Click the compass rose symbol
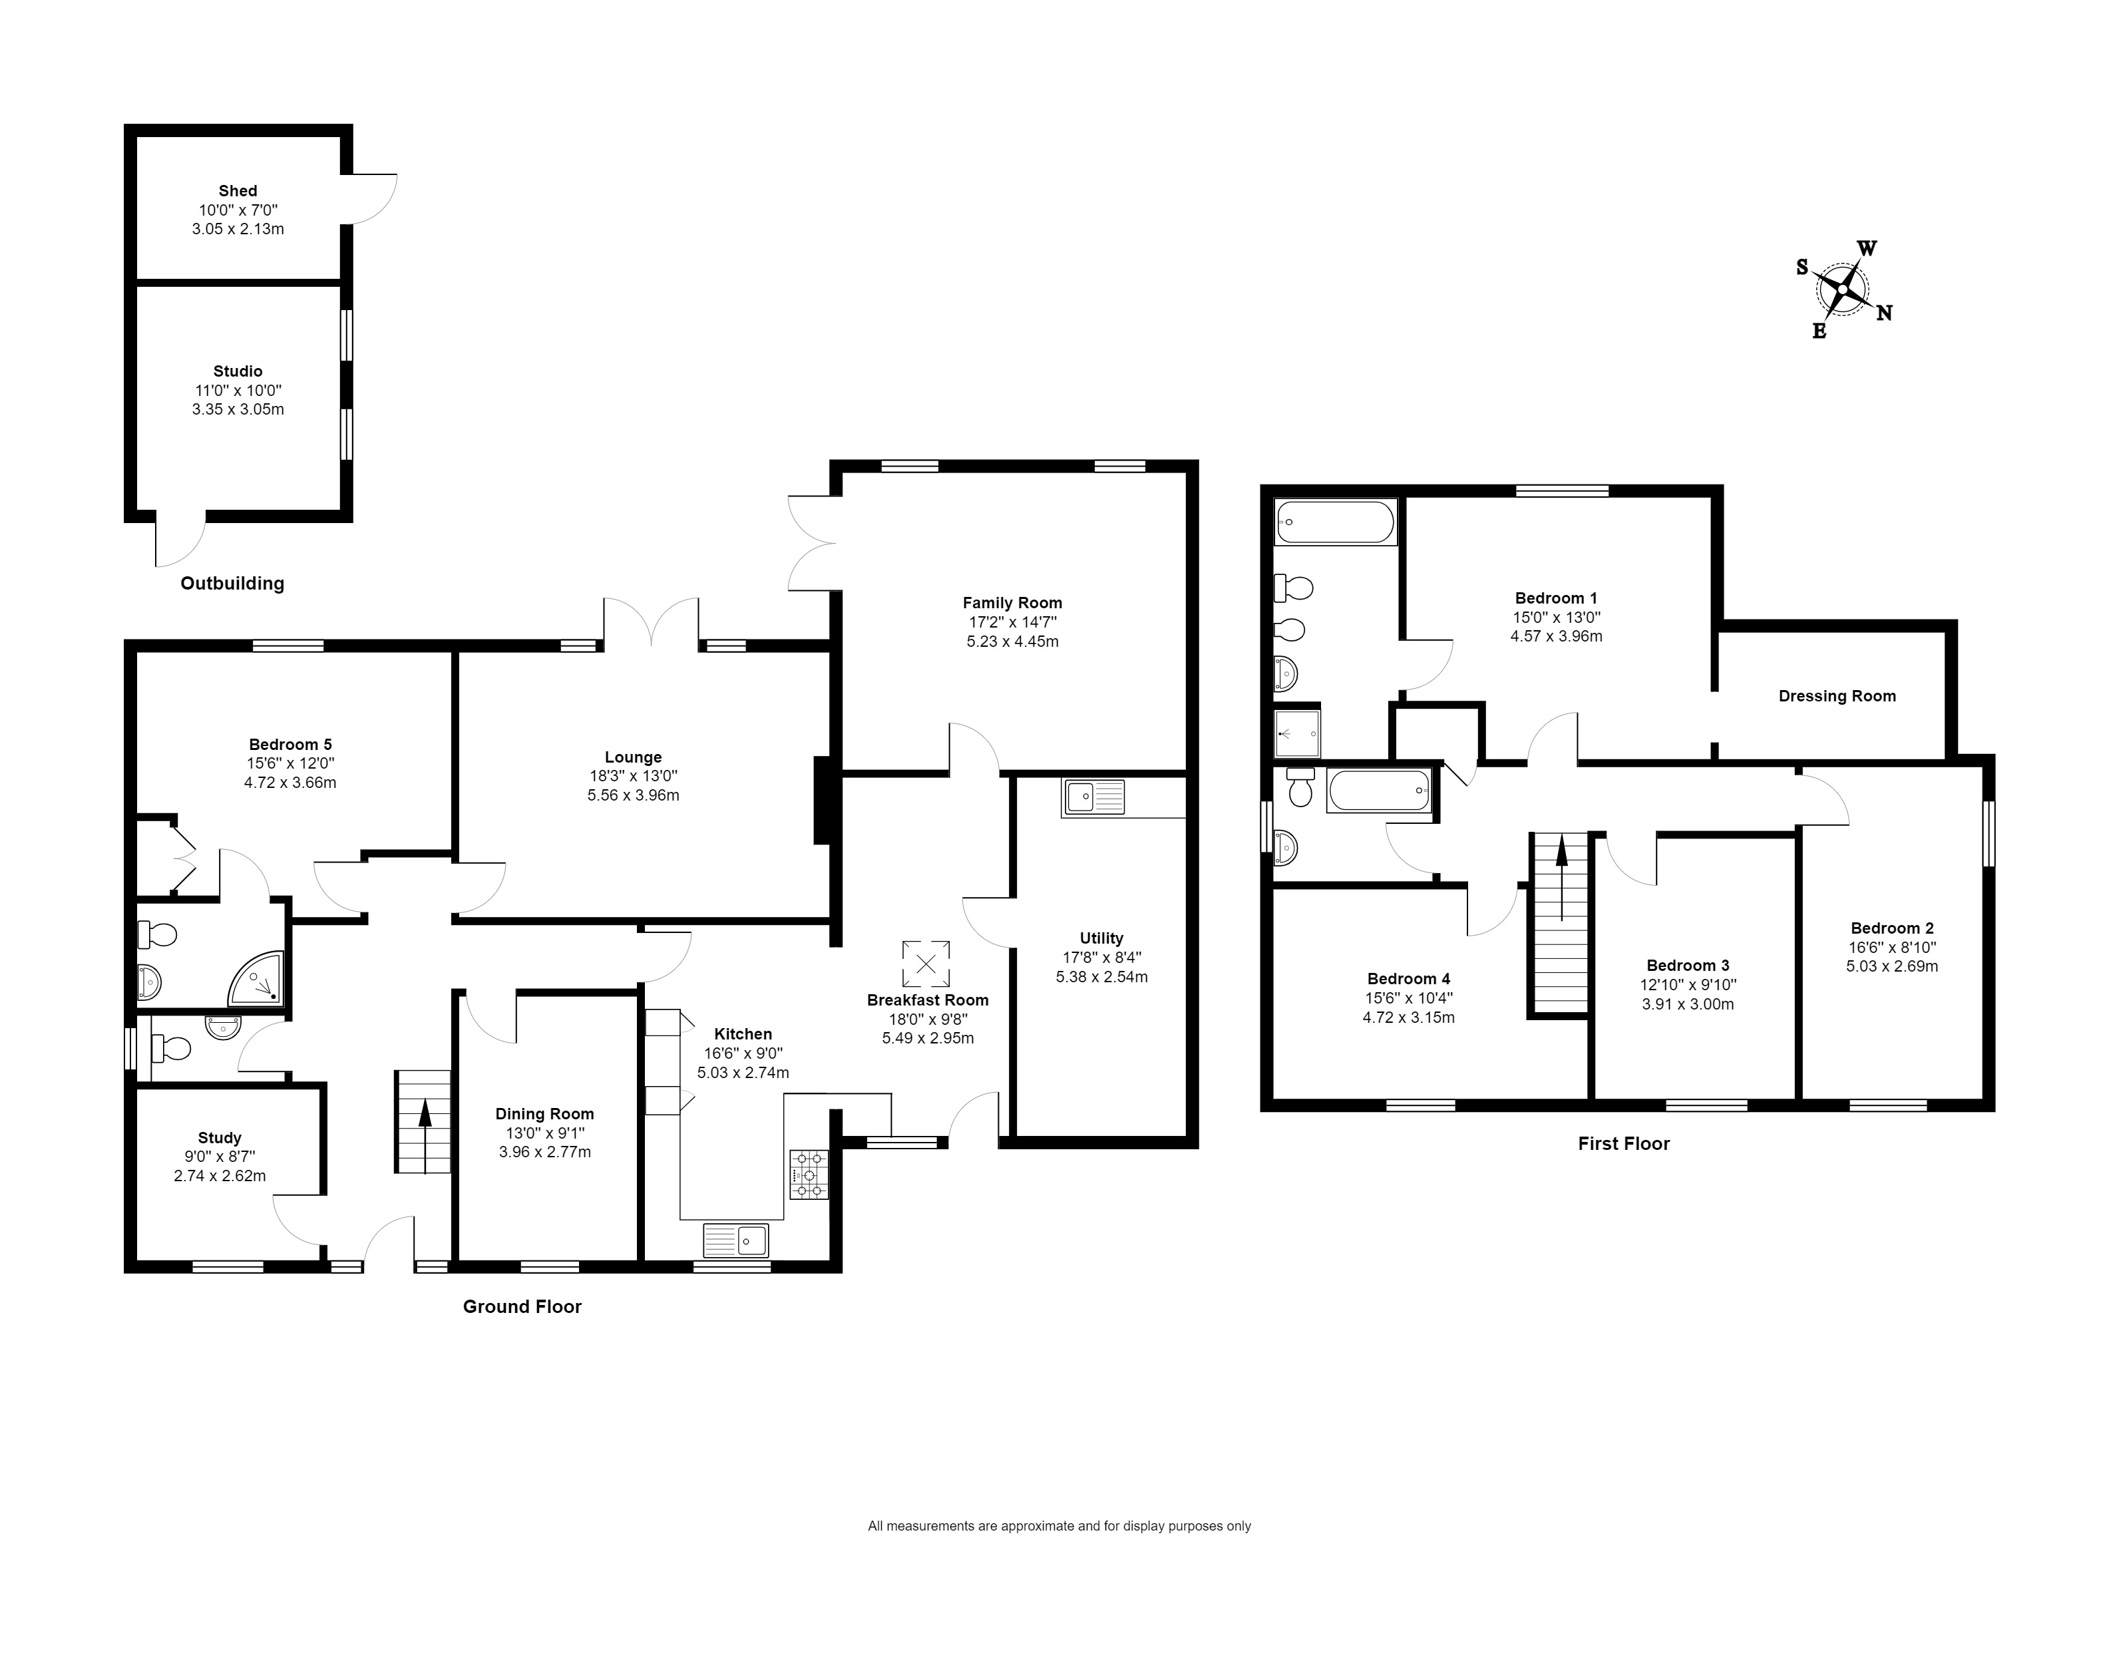[1843, 289]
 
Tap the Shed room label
[238, 191]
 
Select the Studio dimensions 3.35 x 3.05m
[238, 409]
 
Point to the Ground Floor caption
[522, 1307]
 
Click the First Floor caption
[1623, 1144]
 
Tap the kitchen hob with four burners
[808, 1175]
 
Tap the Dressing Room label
[1837, 696]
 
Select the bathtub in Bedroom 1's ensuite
[1335, 523]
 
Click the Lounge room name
[633, 757]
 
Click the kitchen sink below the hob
[735, 1240]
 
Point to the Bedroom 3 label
[1688, 966]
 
